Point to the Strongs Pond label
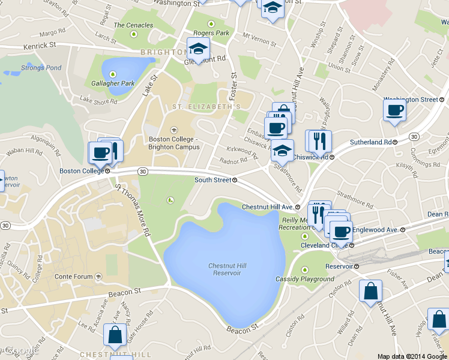coord(41,68)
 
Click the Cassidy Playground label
coord(305,279)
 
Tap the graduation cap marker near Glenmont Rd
coord(198,49)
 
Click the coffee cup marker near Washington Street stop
coord(394,110)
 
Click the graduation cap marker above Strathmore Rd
coord(282,151)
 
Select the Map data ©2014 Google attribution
coord(412,356)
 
